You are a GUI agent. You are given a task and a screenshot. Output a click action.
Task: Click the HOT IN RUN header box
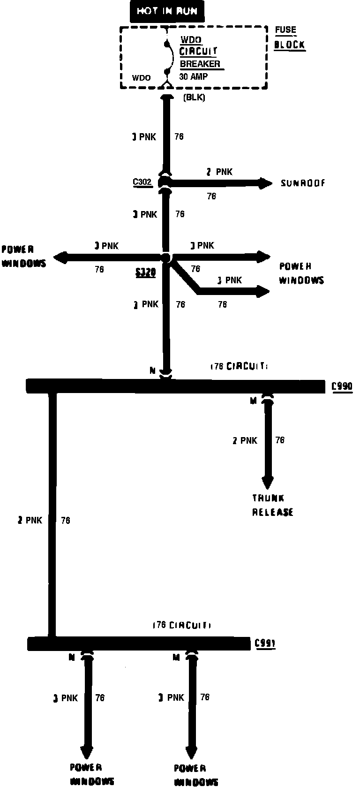(167, 11)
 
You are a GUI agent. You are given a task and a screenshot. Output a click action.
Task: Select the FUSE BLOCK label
(289, 38)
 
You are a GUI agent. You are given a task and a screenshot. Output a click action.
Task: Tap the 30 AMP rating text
(193, 76)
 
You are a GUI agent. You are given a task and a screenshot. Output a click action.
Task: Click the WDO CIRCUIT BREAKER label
(200, 52)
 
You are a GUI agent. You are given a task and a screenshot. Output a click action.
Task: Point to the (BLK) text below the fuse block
(194, 98)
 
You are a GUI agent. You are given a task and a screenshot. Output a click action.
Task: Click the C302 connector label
(142, 182)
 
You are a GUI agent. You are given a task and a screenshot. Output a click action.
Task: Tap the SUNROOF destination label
(303, 183)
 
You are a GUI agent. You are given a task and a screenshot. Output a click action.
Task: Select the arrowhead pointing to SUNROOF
(266, 183)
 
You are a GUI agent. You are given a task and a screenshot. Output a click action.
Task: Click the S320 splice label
(145, 272)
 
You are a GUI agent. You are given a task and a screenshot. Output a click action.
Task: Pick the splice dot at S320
(165, 257)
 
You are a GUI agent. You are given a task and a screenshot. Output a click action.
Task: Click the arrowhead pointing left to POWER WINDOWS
(60, 257)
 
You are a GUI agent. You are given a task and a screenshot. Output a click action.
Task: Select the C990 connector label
(342, 386)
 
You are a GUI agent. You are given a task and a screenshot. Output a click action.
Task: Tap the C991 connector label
(265, 643)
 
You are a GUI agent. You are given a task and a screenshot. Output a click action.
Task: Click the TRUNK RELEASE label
(272, 505)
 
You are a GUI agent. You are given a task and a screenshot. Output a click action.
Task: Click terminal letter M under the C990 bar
(254, 401)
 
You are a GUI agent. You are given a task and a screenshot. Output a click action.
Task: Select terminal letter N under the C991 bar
(72, 658)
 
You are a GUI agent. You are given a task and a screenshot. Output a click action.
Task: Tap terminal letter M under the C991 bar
(176, 658)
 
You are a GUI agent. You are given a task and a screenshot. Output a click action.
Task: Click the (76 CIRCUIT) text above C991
(182, 625)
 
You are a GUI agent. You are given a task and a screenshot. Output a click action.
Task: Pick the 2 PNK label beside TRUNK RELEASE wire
(245, 440)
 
